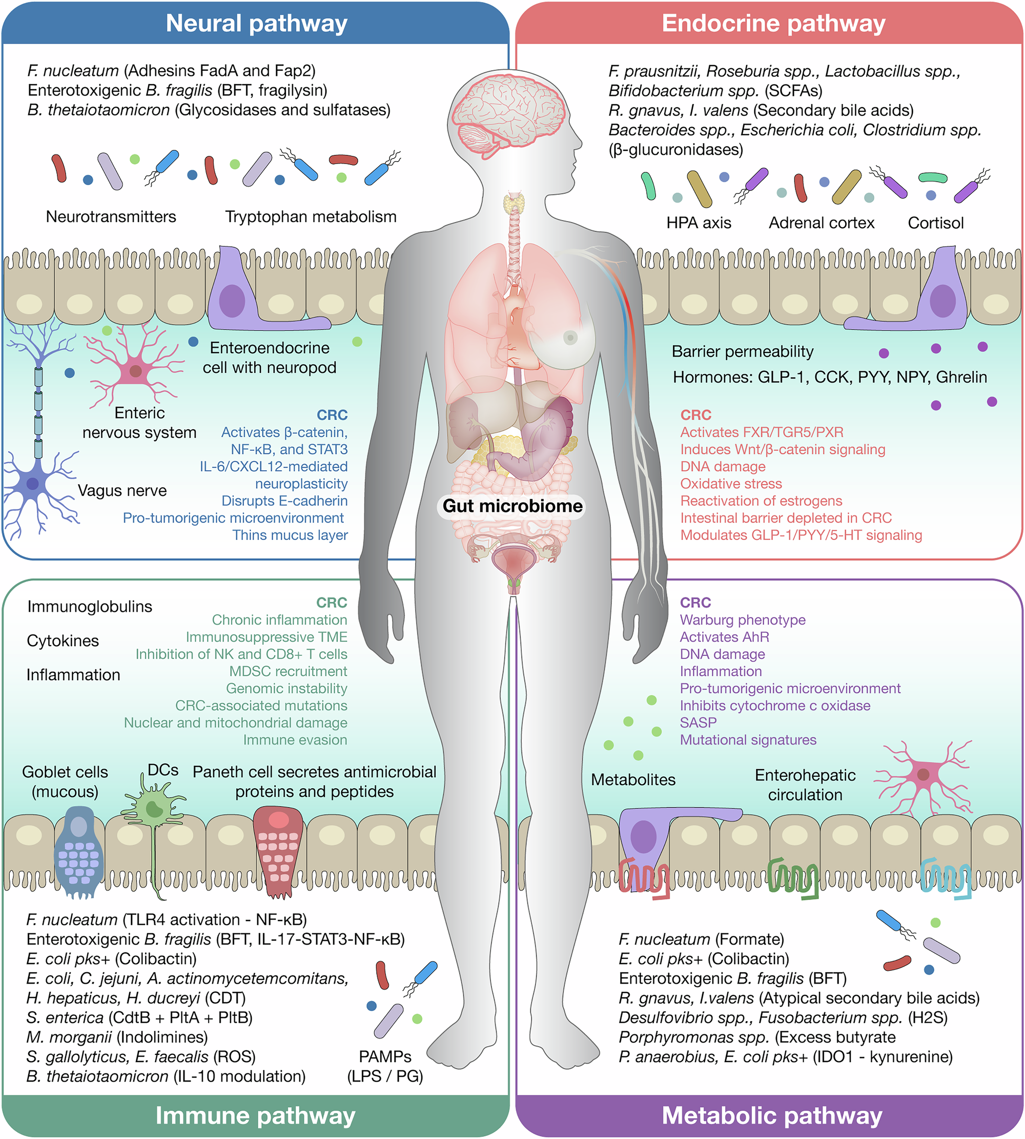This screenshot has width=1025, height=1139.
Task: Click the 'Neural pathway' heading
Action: [x=256, y=24]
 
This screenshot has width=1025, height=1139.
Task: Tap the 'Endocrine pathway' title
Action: [x=773, y=24]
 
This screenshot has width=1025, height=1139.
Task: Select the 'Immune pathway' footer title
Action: [x=255, y=1115]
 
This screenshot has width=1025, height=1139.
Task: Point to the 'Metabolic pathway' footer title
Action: [x=771, y=1115]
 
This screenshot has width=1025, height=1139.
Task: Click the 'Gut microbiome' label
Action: [x=512, y=506]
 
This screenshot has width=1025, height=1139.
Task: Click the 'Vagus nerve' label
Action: [x=122, y=490]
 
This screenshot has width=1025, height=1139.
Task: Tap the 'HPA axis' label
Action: [x=699, y=223]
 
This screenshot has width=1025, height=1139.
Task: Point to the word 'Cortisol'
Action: [x=935, y=223]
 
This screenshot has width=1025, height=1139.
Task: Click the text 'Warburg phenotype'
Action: [x=742, y=620]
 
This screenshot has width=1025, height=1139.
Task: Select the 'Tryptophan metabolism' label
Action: [x=311, y=216]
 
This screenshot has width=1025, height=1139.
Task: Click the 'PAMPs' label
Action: [x=385, y=1056]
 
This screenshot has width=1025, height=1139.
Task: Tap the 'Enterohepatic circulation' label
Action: [x=805, y=785]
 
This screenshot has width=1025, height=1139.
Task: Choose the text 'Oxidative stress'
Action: [x=731, y=484]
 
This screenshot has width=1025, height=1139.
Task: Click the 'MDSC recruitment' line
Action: [x=288, y=671]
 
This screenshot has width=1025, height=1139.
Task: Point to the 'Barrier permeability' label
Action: [x=742, y=351]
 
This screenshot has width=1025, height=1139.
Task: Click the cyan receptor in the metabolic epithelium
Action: [x=946, y=877]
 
